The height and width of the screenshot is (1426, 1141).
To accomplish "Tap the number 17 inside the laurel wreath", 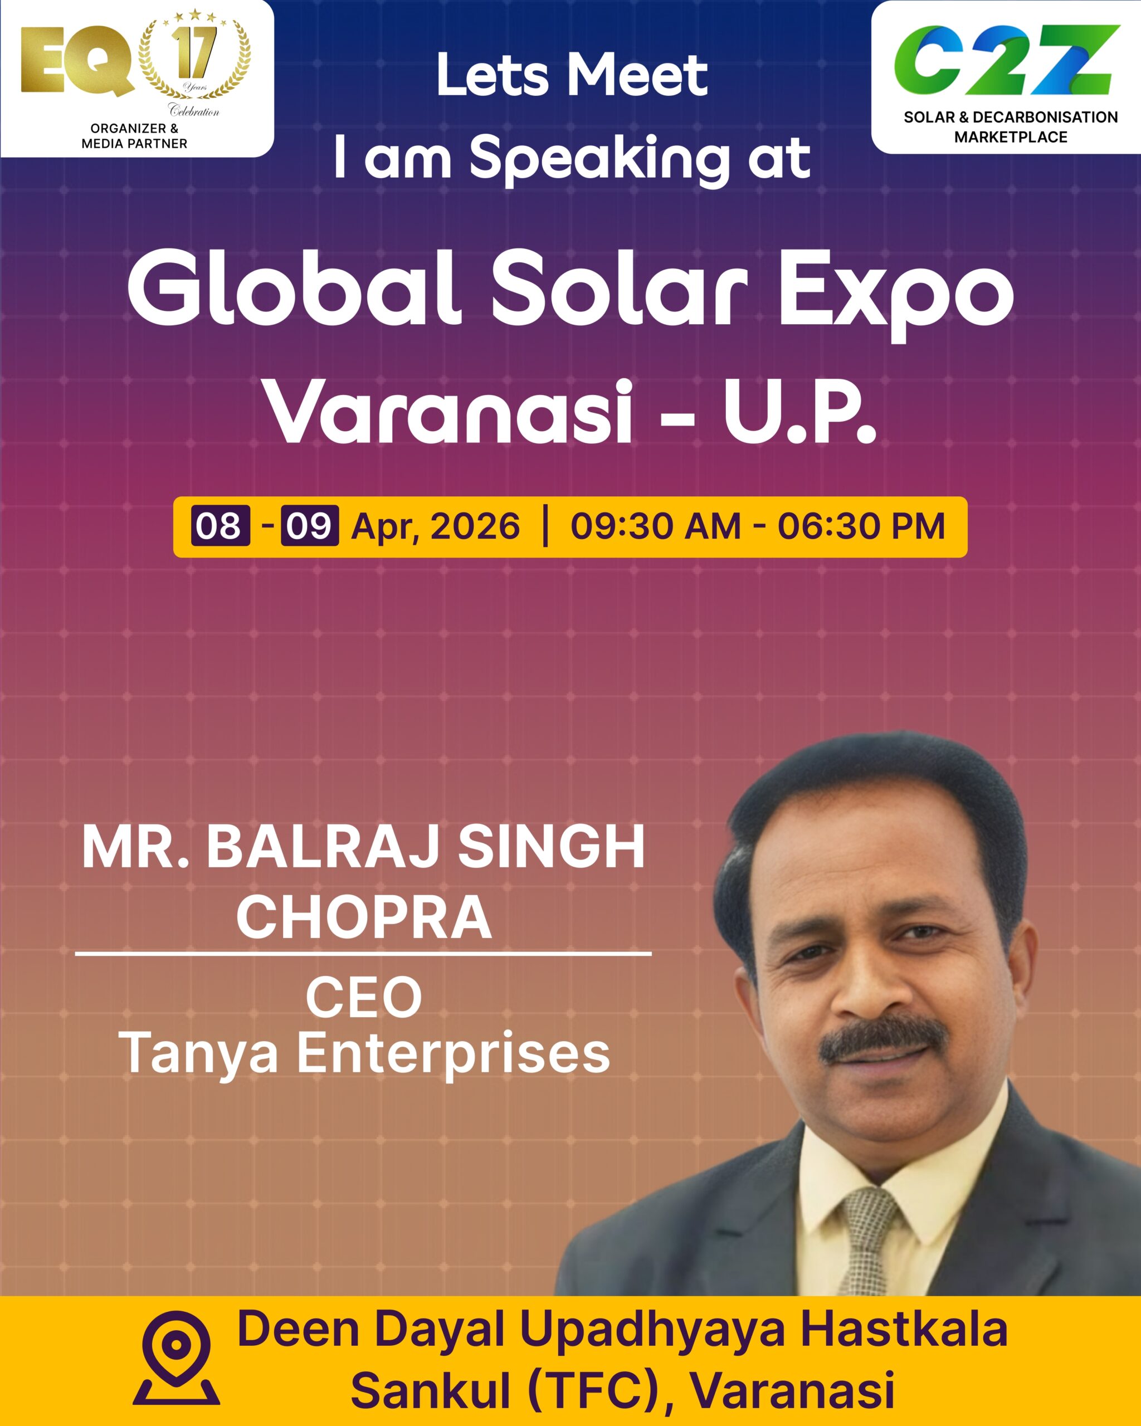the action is [x=194, y=52].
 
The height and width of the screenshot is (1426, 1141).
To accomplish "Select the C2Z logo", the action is [x=1007, y=60].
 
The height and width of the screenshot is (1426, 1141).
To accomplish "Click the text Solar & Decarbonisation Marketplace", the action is [x=1010, y=127].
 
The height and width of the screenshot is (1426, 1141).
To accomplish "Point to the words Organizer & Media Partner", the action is [x=134, y=135].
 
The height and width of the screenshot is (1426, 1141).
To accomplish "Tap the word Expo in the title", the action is [x=896, y=294].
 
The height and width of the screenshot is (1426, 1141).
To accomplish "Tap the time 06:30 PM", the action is [x=861, y=526].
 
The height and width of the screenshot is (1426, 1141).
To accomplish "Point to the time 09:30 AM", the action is [x=656, y=526].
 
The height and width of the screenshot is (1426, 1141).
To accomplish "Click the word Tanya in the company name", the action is [x=198, y=1054].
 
